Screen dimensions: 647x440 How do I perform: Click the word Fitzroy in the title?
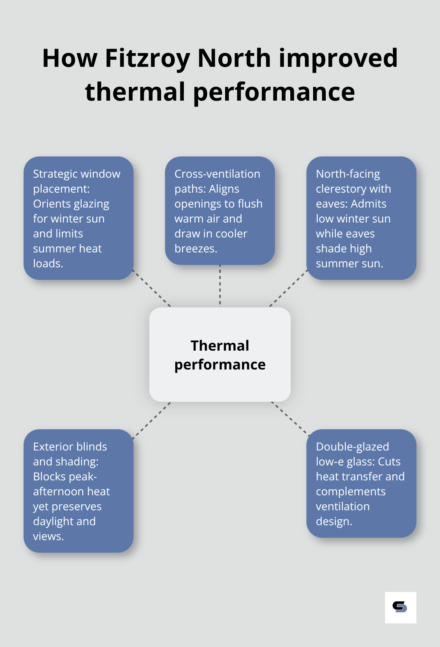coord(147,58)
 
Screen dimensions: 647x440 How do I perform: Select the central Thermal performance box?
coord(220,355)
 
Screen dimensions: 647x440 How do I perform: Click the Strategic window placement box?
coord(79,218)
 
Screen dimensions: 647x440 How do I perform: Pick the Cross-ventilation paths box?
coord(220,211)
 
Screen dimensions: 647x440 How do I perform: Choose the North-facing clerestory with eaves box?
coord(361,218)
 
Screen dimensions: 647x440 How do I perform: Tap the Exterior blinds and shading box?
coord(79,491)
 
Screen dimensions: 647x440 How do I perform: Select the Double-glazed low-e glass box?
coord(361,483)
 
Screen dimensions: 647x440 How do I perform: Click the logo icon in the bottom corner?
coord(400,607)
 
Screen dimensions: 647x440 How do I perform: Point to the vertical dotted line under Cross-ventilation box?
coord(220,285)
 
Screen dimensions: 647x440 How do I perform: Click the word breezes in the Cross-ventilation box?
coord(195,248)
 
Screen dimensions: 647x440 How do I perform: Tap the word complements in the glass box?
coord(350,491)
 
